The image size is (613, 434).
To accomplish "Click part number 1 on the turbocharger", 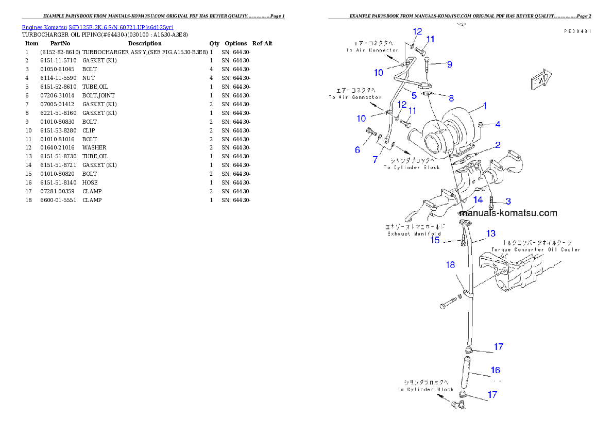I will coord(484,107).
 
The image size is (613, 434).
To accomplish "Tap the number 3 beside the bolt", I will coord(507,201).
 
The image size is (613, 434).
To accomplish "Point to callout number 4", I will coord(498,124).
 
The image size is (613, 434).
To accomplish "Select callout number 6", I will coord(357,149).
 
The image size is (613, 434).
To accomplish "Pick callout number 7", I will coord(375,159).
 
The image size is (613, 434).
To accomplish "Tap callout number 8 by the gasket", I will coord(451,97).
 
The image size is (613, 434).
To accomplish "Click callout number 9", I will coord(450,64).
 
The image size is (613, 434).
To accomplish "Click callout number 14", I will coord(478,199).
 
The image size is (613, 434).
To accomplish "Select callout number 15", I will coord(435,240).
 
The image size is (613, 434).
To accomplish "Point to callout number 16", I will coord(495,370).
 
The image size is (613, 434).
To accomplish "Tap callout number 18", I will coord(451,265).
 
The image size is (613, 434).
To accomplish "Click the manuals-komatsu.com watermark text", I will coord(508,213).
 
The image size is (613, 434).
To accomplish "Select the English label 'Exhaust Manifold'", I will coord(414,234).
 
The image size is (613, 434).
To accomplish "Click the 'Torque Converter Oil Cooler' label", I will coord(535,249).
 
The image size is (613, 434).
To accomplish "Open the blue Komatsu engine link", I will coord(97,27).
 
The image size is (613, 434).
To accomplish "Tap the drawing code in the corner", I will coord(577,31).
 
